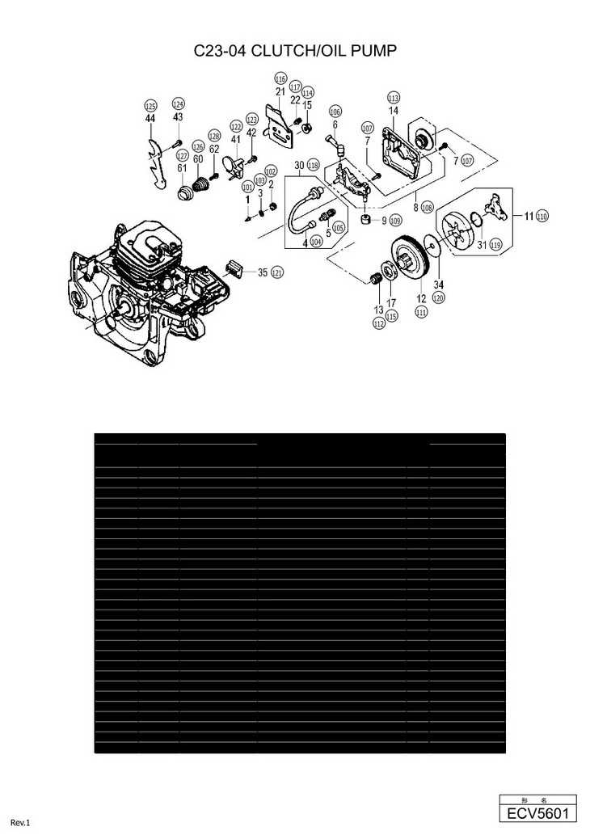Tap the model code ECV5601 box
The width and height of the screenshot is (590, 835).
click(537, 812)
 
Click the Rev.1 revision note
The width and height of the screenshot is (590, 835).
click(20, 823)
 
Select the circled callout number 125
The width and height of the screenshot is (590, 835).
click(150, 106)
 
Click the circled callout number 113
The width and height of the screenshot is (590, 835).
click(394, 97)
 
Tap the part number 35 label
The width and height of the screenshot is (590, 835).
click(263, 272)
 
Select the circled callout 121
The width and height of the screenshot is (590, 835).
click(277, 272)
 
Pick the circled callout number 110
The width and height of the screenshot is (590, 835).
click(542, 216)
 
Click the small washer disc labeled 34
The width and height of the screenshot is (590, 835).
click(436, 250)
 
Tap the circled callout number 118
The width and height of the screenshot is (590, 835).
click(313, 164)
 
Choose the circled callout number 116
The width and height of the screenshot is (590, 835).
click(280, 79)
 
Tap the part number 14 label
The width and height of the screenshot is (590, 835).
click(394, 110)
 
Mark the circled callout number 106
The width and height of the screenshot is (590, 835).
click(335, 112)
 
